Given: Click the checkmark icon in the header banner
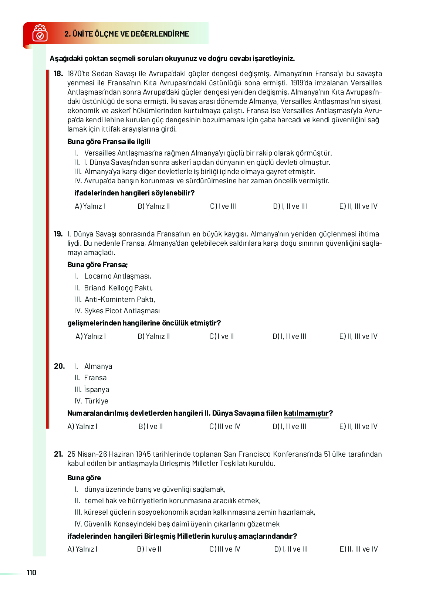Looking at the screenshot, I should [x=40, y=34].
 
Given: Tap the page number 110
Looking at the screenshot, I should [x=31, y=573].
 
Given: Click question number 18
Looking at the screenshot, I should [x=58, y=74].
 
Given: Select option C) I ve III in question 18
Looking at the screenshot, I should [x=223, y=206].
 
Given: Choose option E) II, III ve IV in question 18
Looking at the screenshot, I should [x=358, y=206].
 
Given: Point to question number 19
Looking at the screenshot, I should [x=58, y=234].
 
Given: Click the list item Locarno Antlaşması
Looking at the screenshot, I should [x=117, y=276].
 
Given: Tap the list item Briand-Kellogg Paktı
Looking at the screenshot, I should [x=118, y=288].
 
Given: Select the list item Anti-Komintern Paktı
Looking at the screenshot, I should [x=119, y=299].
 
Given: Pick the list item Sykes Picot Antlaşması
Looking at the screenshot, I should [x=122, y=311].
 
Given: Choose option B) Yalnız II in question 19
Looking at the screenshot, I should [x=153, y=336].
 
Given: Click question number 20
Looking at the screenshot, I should [x=59, y=366].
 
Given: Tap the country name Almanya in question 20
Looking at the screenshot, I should [x=98, y=366].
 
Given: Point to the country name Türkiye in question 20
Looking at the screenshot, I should [x=96, y=401].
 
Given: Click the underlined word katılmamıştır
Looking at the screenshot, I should [x=306, y=413].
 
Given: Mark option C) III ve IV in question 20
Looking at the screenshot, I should [x=224, y=426].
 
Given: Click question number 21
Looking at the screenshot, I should [x=58, y=454].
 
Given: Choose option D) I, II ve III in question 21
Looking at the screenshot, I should [x=291, y=549].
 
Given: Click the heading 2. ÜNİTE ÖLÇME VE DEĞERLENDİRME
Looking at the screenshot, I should [x=126, y=34].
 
